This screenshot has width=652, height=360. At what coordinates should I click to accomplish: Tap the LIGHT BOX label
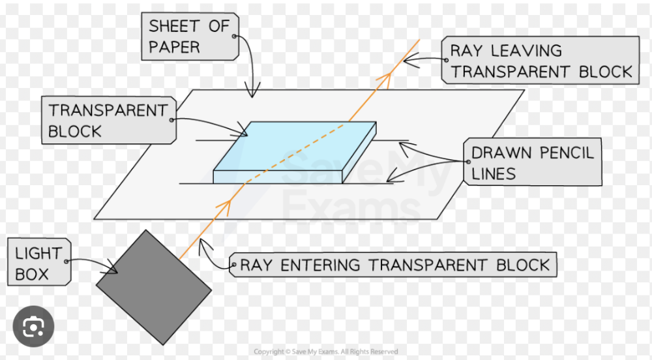37,263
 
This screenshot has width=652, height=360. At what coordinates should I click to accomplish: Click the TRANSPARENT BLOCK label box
108,121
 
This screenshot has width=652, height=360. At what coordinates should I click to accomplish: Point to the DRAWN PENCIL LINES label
532,163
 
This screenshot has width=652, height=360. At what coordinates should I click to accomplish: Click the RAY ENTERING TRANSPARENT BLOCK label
395,265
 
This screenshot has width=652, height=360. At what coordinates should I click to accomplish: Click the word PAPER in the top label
174,48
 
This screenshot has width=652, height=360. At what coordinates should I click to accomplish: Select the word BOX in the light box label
33,274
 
